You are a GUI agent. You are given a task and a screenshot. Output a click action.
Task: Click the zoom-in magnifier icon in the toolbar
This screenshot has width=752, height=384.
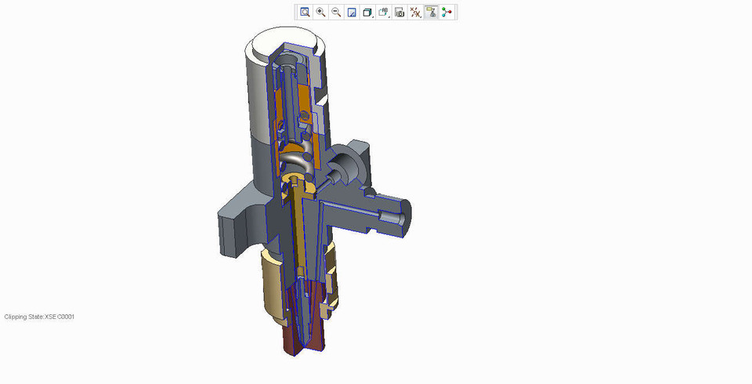320,12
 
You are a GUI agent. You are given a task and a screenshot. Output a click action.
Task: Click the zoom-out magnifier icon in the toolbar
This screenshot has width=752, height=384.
336,12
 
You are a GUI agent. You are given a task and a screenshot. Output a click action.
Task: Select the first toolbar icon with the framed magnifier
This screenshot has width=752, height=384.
305,12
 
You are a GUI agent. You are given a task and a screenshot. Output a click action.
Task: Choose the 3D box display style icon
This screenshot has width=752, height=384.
367,12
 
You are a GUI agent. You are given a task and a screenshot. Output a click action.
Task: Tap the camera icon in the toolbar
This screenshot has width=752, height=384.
399,12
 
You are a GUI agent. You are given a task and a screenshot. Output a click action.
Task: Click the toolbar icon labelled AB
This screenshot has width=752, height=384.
384,12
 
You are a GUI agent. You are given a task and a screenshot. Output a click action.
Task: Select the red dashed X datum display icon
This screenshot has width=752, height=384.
415,12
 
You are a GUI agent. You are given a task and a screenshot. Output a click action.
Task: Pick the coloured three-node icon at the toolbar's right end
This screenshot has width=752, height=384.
447,12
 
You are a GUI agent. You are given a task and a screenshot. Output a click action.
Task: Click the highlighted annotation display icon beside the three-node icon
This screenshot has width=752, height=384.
431,12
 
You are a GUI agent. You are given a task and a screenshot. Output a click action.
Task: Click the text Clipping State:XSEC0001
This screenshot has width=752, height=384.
40,317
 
